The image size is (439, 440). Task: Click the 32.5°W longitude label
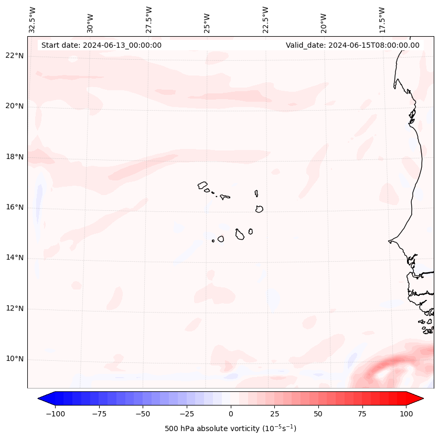[x=33, y=20]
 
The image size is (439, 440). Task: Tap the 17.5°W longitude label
[x=382, y=20]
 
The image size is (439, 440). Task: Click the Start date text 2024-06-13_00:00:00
[x=101, y=45]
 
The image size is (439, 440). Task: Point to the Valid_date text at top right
[x=352, y=45]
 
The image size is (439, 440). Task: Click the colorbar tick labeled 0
[x=231, y=413]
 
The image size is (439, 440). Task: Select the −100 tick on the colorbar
[x=55, y=413]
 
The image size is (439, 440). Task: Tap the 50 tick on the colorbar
[x=318, y=413]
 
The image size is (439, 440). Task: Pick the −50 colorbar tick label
[x=143, y=413]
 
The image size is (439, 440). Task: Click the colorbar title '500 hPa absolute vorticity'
[x=231, y=428]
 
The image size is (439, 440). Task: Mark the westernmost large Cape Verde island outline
[x=202, y=185]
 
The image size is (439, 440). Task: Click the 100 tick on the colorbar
[x=406, y=413]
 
